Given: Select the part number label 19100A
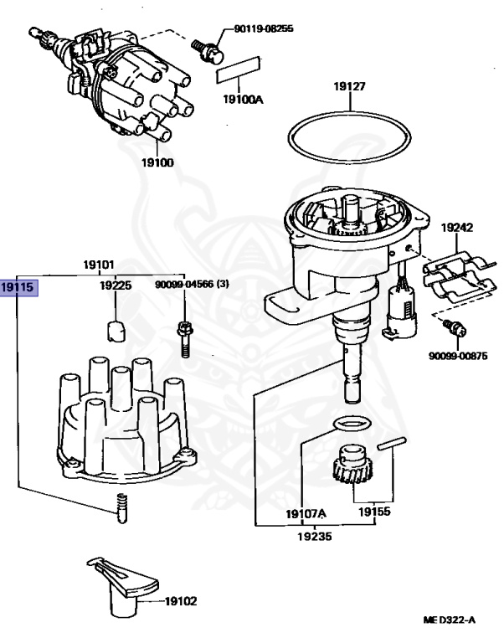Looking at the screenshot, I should click(x=242, y=100).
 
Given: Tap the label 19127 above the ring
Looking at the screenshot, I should click(x=351, y=85).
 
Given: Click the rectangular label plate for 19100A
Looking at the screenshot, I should click(x=239, y=69).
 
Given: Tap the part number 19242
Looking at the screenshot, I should click(x=458, y=226).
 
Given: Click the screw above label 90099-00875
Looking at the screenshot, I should click(x=454, y=328).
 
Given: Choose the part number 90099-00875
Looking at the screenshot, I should click(x=457, y=356).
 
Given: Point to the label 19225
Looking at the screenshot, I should click(x=116, y=285).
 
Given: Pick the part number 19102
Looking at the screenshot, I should click(x=181, y=600).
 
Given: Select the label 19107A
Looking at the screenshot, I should click(x=305, y=513).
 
